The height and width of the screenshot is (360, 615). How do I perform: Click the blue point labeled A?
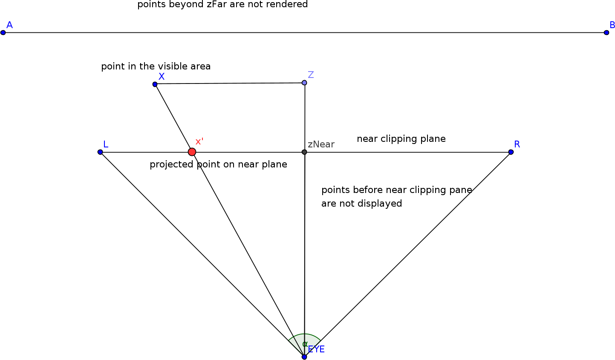pos(3,32)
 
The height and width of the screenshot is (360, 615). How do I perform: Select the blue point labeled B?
pos(606,32)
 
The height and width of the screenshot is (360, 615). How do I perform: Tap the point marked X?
pos(155,84)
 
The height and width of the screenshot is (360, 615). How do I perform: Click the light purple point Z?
pos(304,83)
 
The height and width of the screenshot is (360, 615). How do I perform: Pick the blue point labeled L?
pos(100,152)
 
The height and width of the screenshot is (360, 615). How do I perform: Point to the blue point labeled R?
pos(511,152)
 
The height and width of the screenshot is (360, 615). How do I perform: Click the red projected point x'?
pos(192,152)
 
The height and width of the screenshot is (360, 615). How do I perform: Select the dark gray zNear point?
pos(304,152)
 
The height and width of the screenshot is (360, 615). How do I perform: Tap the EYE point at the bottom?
pos(304,357)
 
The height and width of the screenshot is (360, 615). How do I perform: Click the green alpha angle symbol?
pos(305,344)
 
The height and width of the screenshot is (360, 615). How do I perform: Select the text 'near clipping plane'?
pos(401,139)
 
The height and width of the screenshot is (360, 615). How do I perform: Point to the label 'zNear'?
pos(321,144)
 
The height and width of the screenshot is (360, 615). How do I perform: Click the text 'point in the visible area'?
pos(156,66)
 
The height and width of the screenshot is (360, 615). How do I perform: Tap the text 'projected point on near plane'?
pos(218,164)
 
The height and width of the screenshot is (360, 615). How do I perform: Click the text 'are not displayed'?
pos(361,204)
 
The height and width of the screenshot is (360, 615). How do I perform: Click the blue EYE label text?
pos(317,349)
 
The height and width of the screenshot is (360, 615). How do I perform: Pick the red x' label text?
pos(199,142)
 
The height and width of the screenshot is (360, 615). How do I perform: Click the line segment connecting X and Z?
pos(230,84)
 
